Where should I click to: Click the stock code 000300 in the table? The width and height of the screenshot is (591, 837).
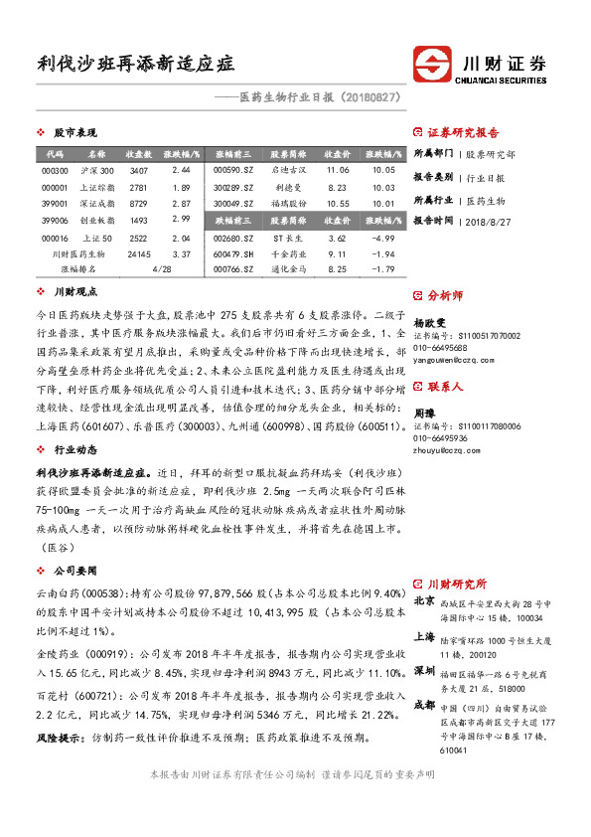pyautogui.click(x=55, y=171)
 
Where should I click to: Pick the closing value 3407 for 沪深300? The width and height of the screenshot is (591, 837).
pyautogui.click(x=139, y=171)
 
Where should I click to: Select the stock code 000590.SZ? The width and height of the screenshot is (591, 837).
pyautogui.click(x=233, y=171)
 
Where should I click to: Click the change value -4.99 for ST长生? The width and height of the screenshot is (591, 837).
pyautogui.click(x=382, y=239)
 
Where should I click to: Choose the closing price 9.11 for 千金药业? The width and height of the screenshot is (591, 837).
pyautogui.click(x=336, y=254)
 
